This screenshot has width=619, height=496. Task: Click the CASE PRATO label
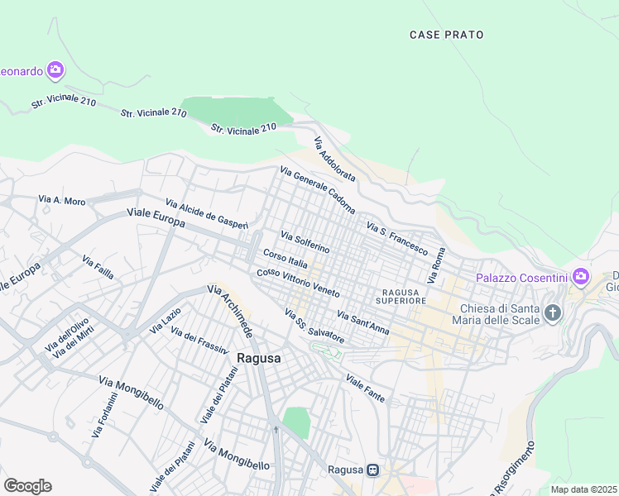tap(447, 35)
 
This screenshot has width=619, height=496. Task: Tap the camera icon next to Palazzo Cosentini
tap(581, 275)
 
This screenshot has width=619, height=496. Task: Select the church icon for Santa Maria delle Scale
tap(552, 313)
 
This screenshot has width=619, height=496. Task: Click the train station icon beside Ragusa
tap(373, 470)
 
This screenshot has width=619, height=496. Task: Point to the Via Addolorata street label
tap(334, 160)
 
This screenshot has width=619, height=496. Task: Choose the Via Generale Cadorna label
tap(317, 190)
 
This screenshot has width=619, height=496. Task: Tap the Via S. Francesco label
tap(396, 238)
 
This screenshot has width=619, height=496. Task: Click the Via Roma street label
tap(436, 266)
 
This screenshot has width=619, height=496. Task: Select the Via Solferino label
tap(305, 242)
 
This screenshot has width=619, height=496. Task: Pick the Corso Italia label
tap(286, 259)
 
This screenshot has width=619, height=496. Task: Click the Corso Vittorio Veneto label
tap(298, 284)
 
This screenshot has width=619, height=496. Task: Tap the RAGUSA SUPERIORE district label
tap(403, 297)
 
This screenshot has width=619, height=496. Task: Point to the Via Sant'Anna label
tap(363, 322)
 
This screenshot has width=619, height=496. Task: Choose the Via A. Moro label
tap(62, 200)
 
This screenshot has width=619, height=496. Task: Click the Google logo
tap(27, 485)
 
